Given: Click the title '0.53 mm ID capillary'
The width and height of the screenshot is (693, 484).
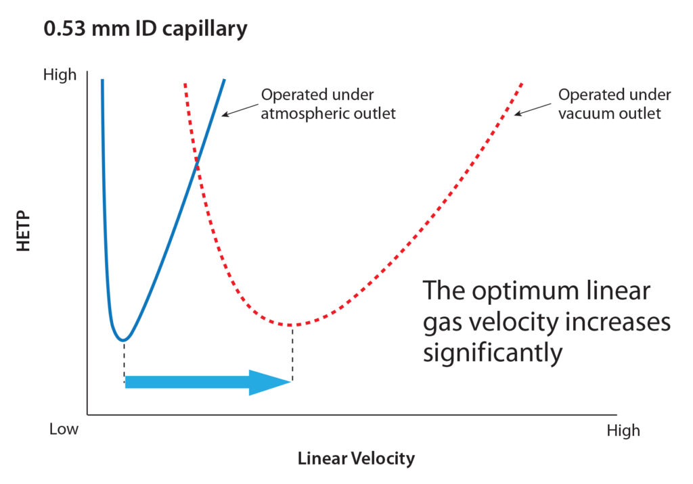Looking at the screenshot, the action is (x=146, y=29).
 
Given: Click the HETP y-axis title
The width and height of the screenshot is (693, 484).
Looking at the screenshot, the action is (x=24, y=231).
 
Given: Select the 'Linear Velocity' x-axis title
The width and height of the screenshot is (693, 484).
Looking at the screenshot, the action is (x=356, y=458).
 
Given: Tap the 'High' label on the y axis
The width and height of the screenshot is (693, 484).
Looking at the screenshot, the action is (x=60, y=74).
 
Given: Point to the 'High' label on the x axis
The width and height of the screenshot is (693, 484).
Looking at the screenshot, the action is (x=623, y=430).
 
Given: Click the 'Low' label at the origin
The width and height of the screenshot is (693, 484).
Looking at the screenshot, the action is (x=64, y=429).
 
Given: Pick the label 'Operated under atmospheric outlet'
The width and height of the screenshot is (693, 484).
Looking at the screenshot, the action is (x=328, y=104).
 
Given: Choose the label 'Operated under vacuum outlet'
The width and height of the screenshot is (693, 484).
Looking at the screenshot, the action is (x=614, y=104).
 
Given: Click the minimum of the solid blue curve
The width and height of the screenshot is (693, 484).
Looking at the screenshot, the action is (x=123, y=340).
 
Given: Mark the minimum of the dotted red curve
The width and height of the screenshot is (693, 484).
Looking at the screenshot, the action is (x=292, y=325).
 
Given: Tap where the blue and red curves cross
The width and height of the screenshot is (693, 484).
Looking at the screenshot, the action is (x=197, y=164).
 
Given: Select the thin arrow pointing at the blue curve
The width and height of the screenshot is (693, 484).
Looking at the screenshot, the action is (x=240, y=110).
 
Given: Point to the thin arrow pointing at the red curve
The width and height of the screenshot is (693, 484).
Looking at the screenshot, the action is (x=533, y=110).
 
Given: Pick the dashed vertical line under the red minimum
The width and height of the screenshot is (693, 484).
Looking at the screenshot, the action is (x=292, y=352).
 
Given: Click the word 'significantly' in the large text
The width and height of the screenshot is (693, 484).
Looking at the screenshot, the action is (x=493, y=354).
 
